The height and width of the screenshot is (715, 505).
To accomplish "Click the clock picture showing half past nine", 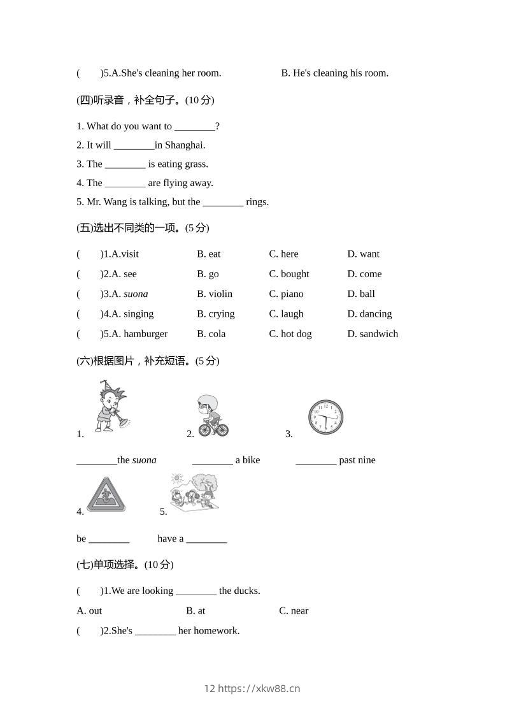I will pos(325,417).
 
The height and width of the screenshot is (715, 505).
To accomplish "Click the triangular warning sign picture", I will pos(106,495).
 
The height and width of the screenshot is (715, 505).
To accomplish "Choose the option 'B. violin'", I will pos(215,294).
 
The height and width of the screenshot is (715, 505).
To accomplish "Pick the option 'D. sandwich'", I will pos(373,334).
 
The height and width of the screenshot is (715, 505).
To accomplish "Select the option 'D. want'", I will pos(363,254).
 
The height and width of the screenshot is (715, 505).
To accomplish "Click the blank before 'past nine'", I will pos(316,461).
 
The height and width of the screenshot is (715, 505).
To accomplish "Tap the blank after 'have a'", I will pos(206,539).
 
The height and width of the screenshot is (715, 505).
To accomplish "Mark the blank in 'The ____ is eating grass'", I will pos(125,164).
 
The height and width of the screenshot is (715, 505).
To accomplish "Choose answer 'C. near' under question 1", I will pos(294,610).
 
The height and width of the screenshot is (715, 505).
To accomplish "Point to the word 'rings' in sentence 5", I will pos(257,202).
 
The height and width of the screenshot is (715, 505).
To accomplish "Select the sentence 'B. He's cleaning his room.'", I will pos(335,73).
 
